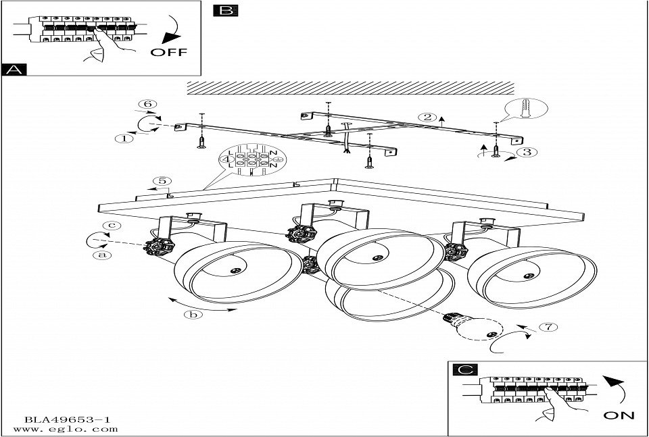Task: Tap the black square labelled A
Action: [14, 70]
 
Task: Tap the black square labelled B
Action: [225, 10]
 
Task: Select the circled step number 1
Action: [123, 138]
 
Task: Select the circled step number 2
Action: [427, 117]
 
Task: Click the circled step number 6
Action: [148, 104]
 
